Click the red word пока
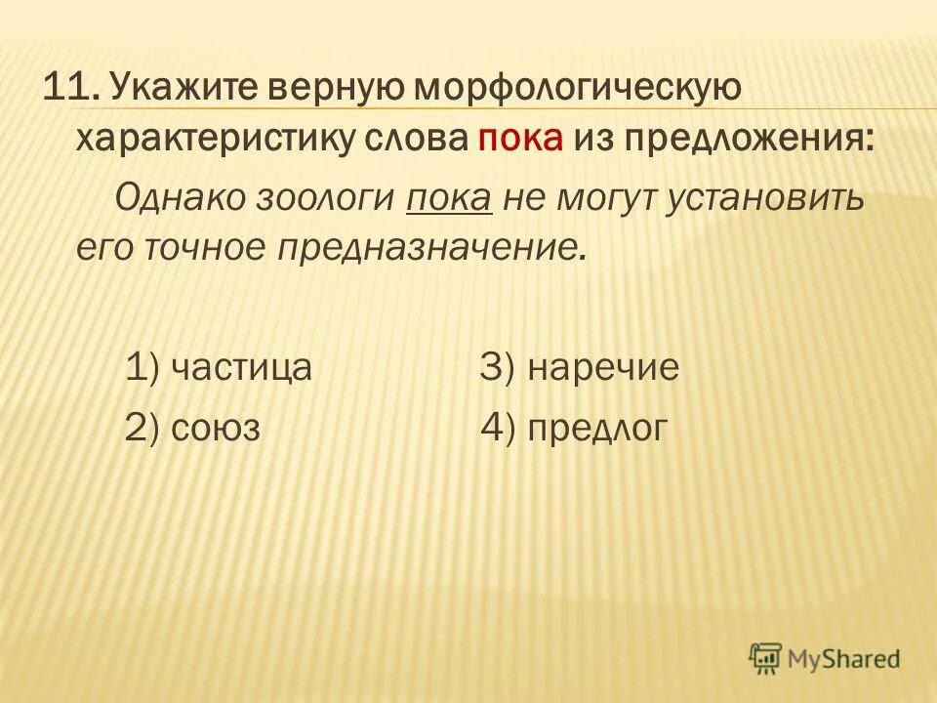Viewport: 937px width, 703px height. coord(520,141)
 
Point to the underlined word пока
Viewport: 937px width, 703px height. coord(450,199)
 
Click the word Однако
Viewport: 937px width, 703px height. coord(179,199)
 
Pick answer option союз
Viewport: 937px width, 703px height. coord(215,428)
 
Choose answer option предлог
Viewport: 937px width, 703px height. coord(598,428)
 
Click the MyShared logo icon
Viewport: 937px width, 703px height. coord(766,658)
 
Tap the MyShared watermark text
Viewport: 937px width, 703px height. coord(844,659)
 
